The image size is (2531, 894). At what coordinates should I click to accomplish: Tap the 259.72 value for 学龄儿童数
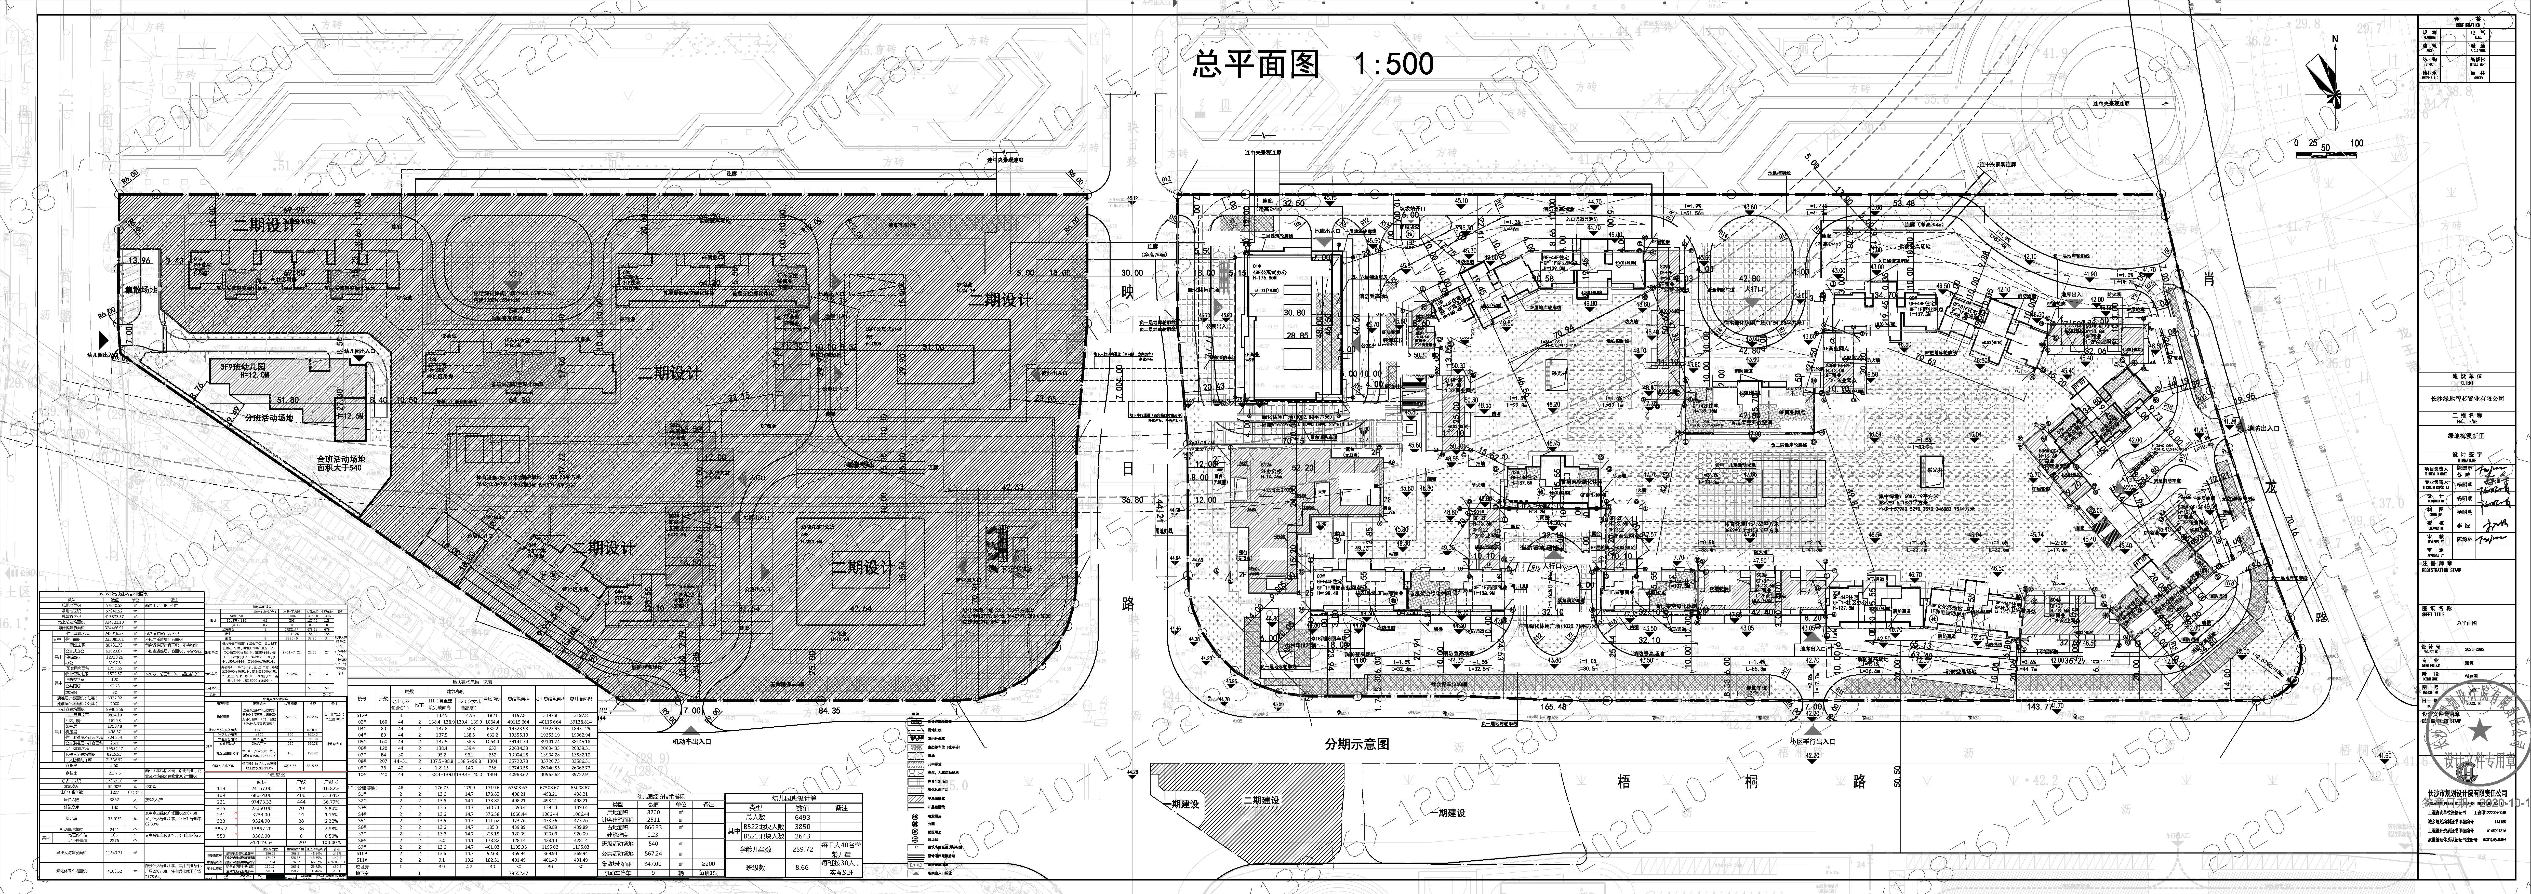(x=802, y=848)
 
